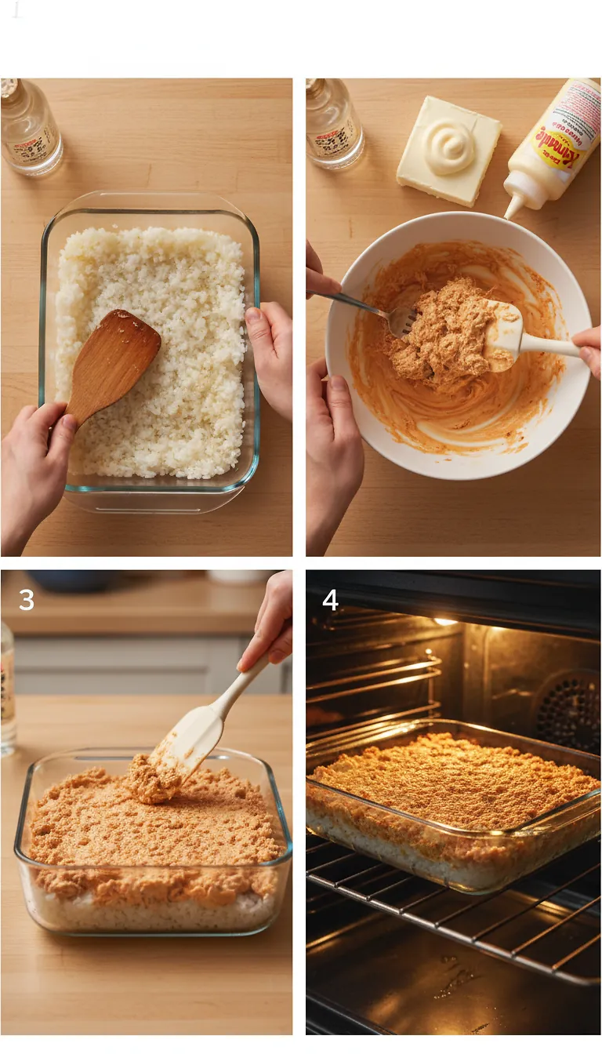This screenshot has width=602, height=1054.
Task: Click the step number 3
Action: pos(27,600)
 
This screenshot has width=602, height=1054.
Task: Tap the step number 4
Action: pos(330,600)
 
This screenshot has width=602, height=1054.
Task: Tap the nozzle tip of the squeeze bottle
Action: pos(511,211)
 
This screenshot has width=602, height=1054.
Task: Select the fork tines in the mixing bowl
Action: pos(402,320)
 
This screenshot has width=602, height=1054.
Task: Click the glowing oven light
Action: pos(445,621)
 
